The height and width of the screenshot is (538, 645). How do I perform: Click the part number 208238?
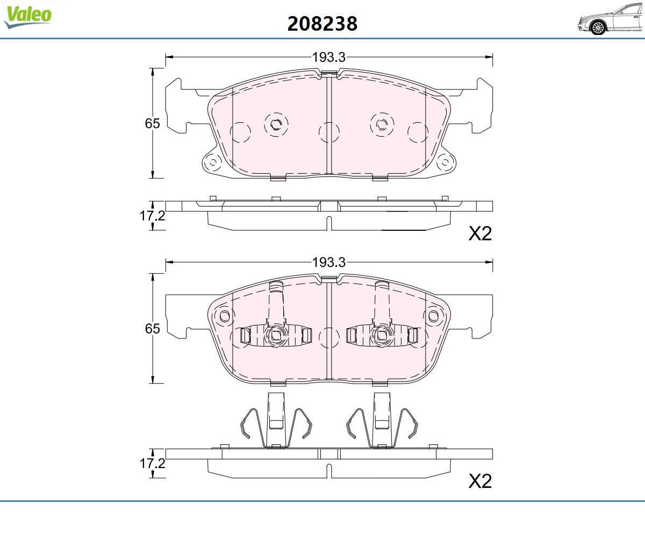click(322, 24)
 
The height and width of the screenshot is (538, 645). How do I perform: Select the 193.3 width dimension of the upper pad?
click(328, 57)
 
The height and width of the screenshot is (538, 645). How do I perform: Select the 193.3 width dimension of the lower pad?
click(328, 263)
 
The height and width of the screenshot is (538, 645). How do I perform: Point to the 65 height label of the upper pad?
click(152, 123)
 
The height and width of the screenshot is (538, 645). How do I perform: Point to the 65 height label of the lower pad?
click(152, 329)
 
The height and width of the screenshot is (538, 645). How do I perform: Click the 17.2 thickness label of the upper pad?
click(152, 216)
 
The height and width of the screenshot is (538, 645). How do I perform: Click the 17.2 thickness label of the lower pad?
click(152, 463)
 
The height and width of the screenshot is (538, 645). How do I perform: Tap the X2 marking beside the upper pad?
click(480, 233)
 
